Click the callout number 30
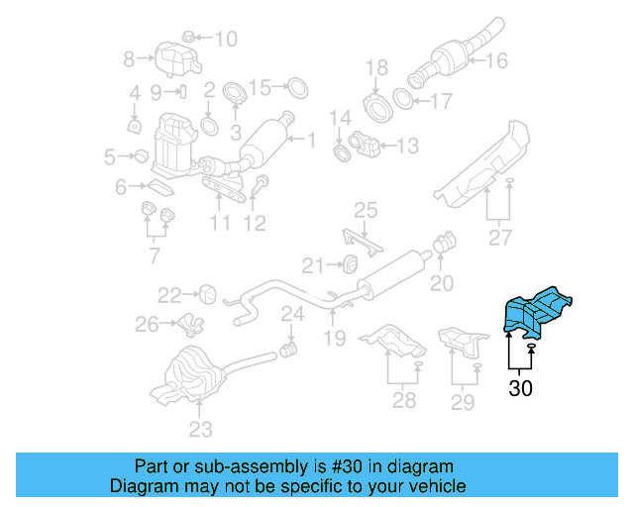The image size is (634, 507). (x=520, y=388)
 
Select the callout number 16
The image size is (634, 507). (x=496, y=60)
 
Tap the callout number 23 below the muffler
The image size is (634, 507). (x=201, y=429)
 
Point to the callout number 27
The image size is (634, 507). (x=500, y=238)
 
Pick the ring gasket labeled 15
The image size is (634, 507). (x=295, y=88)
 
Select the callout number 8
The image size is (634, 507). (x=129, y=60)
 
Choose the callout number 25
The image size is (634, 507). (x=367, y=209)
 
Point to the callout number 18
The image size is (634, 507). (x=376, y=68)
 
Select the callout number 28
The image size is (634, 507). (x=404, y=400)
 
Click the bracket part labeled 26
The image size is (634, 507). (x=188, y=324)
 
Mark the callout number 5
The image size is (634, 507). (x=111, y=155)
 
